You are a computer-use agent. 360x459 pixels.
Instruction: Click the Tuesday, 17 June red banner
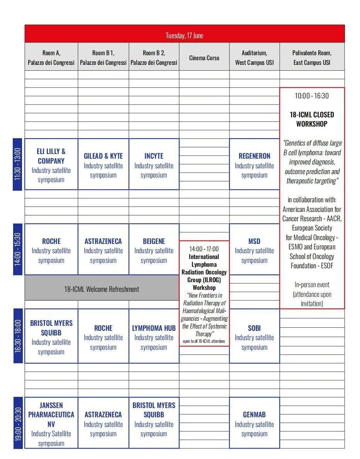pyautogui.click(x=184, y=35)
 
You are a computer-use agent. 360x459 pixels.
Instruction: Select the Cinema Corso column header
pyautogui.click(x=204, y=58)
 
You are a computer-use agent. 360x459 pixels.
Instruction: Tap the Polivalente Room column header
pyautogui.click(x=312, y=58)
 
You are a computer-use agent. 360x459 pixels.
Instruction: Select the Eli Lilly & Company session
pyautogui.click(x=51, y=164)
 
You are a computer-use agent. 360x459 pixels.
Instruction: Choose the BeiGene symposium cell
pyautogui.click(x=154, y=250)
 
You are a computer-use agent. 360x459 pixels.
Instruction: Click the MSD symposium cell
pyautogui.click(x=254, y=250)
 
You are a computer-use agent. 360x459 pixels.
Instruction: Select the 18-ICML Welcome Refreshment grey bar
pyautogui.click(x=102, y=289)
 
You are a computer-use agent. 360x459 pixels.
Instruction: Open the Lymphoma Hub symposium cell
pyautogui.click(x=154, y=337)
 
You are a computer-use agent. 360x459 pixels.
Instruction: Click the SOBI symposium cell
pyautogui.click(x=254, y=337)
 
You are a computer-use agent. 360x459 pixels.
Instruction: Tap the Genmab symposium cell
pyautogui.click(x=254, y=423)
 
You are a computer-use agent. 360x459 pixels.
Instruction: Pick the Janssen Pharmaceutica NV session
pyautogui.click(x=51, y=423)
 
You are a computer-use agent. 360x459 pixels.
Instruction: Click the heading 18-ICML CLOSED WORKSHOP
pyautogui.click(x=312, y=119)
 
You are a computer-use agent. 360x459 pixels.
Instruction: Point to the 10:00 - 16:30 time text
pyautogui.click(x=312, y=96)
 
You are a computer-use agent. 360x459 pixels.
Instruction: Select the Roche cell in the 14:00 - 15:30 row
pyautogui.click(x=51, y=250)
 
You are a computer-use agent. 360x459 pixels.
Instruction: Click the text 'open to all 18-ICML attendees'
pyautogui.click(x=204, y=341)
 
